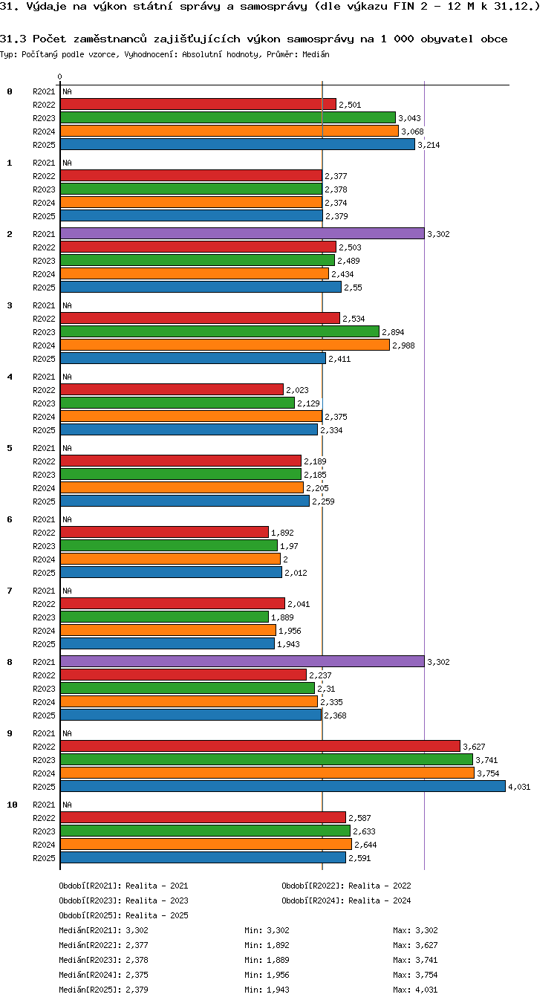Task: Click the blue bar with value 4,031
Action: (x=283, y=786)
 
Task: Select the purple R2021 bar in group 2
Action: (x=242, y=233)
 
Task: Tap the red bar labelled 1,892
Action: (x=164, y=532)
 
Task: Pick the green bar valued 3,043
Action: (x=228, y=118)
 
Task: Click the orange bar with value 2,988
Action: (x=225, y=345)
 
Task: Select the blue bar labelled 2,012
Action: (x=171, y=572)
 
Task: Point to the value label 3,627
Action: (x=474, y=747)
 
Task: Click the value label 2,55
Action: (x=354, y=288)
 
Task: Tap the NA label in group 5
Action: (x=67, y=448)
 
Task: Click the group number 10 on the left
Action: (x=12, y=805)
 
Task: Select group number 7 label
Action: (x=10, y=591)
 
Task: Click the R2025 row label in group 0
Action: (x=44, y=145)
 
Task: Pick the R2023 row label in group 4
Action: (x=44, y=403)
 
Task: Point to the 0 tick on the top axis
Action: (x=60, y=77)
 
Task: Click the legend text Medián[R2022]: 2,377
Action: (x=103, y=945)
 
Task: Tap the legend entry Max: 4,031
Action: (x=415, y=990)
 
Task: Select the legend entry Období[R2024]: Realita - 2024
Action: (x=346, y=900)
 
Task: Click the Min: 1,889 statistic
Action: (x=267, y=960)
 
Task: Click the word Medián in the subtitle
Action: (x=316, y=55)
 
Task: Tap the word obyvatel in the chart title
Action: (x=446, y=39)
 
